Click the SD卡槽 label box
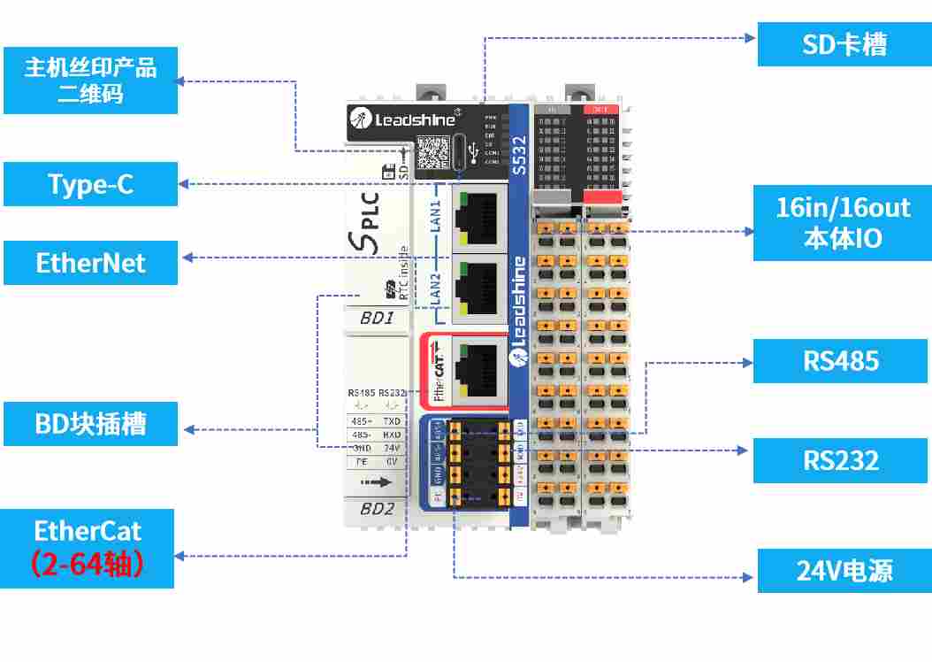pyautogui.click(x=844, y=45)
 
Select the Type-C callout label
pyautogui.click(x=90, y=184)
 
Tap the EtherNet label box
pyautogui.click(x=90, y=263)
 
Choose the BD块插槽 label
pyautogui.click(x=90, y=424)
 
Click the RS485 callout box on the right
pyautogui.click(x=840, y=360)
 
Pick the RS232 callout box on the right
pyautogui.click(x=840, y=460)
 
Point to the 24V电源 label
pyautogui.click(x=844, y=570)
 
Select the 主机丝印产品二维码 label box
pyautogui.click(x=90, y=81)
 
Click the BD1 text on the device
pyautogui.click(x=378, y=318)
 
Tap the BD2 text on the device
pyautogui.click(x=378, y=509)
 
